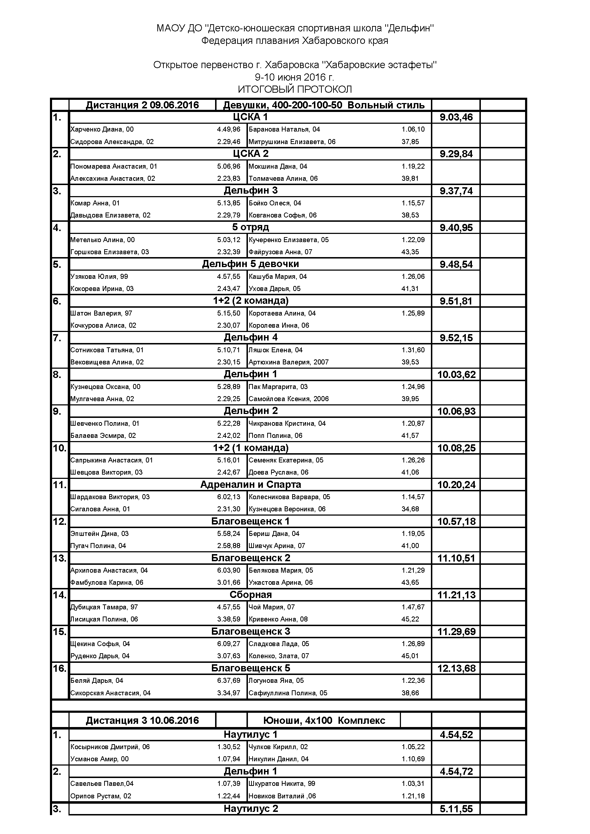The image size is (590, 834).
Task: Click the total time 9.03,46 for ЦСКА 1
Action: coord(456,117)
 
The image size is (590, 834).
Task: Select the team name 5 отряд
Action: coord(250,227)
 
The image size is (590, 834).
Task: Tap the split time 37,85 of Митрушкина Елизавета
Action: coord(410,142)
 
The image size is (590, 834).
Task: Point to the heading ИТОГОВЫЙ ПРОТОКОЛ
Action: coord(295,89)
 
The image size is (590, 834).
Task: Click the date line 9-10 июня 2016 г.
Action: coord(295,77)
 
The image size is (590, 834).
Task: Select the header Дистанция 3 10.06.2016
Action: coord(142,721)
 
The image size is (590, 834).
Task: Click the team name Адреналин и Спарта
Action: coord(250,485)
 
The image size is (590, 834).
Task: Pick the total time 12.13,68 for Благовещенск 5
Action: coord(456,668)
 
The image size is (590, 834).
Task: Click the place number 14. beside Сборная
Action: coord(60,595)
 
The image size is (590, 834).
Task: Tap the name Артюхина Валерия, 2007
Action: coord(289,362)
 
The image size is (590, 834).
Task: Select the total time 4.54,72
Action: coord(456,772)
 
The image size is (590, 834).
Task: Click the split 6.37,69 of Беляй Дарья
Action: coord(229,681)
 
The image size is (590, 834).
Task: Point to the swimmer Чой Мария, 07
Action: coord(271,607)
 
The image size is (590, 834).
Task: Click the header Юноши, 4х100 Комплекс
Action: coord(324,721)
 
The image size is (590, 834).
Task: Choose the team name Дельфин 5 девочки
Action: coord(250,264)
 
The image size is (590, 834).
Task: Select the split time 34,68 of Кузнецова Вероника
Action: coord(410,509)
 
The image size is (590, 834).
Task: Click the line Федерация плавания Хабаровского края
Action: coord(295,41)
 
